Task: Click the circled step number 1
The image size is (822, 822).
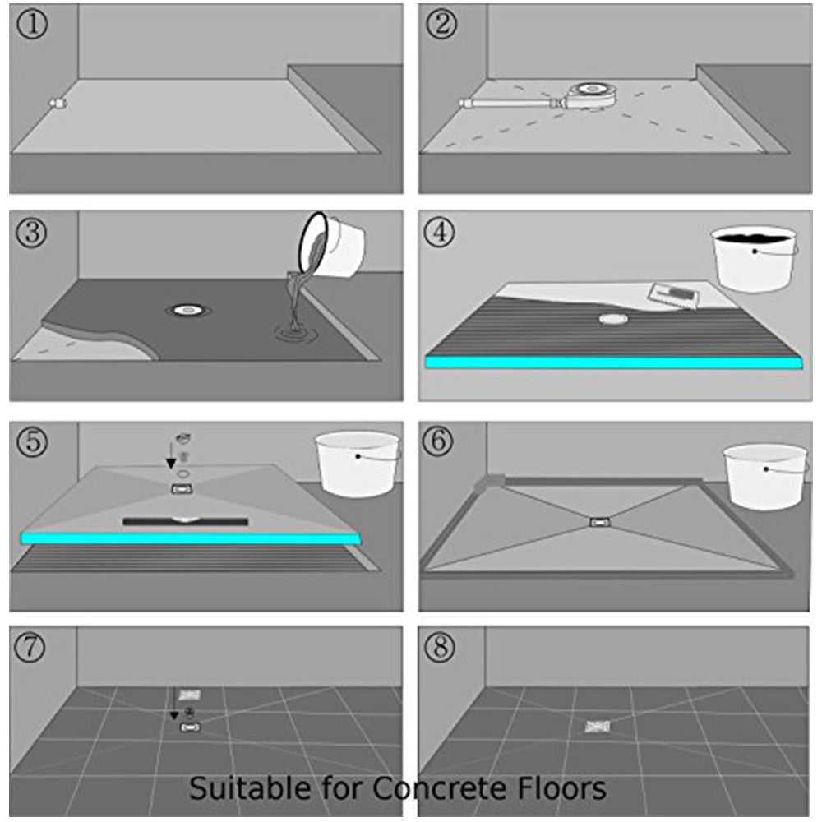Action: [33, 25]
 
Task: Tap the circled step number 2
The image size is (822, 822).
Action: [441, 25]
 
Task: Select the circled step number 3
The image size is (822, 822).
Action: [33, 232]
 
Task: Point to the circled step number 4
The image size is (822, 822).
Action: [441, 232]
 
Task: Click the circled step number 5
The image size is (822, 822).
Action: [33, 442]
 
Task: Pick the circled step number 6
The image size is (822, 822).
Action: [441, 442]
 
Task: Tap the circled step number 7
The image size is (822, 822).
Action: [33, 648]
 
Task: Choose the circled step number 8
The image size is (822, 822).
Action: [441, 648]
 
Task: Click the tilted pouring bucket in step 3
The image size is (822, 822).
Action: [333, 244]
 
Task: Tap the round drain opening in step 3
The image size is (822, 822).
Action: [188, 310]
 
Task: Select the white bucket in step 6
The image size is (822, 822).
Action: [764, 475]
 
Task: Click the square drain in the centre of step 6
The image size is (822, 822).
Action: [600, 521]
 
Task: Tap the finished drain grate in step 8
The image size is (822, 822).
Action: [597, 726]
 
